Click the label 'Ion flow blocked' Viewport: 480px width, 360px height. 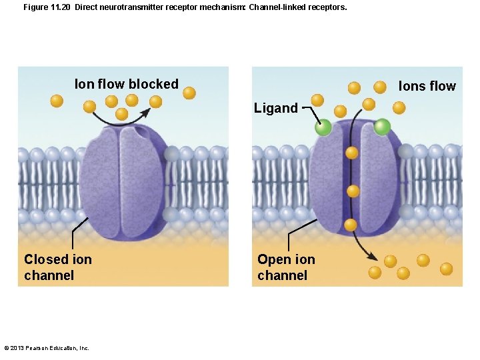point(127,84)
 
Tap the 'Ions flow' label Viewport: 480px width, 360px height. point(427,86)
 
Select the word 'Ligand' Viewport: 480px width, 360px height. point(275,108)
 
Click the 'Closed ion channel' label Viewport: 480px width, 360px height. point(57,267)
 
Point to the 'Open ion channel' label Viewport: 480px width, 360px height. point(286,267)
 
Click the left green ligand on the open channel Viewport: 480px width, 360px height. point(323,127)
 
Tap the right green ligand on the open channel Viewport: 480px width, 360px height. point(382,127)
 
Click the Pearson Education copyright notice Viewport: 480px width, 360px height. point(47,348)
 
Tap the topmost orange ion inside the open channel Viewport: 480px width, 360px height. point(352,153)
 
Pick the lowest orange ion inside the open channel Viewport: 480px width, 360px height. point(351,225)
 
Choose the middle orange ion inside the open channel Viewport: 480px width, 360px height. point(353,191)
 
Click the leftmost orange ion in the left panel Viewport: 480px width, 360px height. point(57,101)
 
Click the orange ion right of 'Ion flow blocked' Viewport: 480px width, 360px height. point(189,93)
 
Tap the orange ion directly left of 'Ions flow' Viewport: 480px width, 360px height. point(379,87)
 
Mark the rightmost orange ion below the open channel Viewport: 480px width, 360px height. point(446,269)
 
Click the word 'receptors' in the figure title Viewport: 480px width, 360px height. point(327,7)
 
